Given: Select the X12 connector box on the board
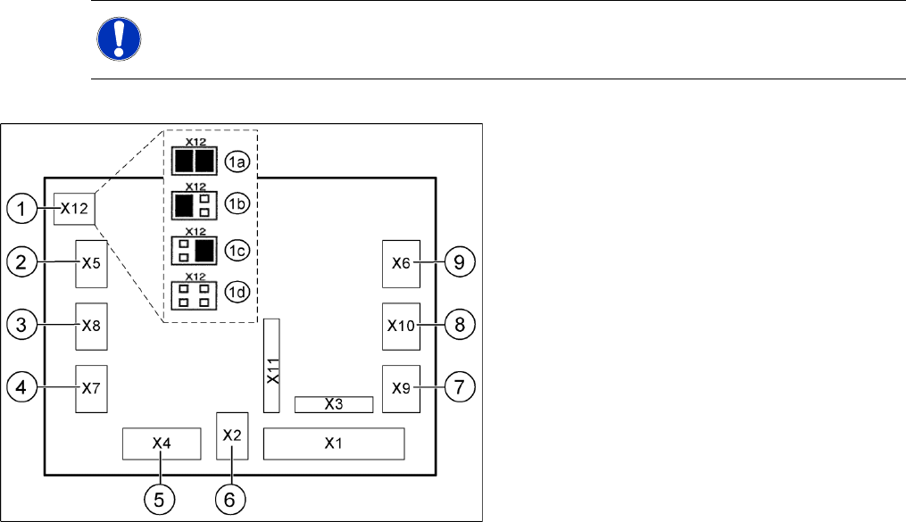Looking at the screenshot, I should pos(75,210).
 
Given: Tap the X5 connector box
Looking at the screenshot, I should pos(91,263).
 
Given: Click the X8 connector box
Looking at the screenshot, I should pos(91,326).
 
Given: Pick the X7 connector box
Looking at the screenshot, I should pos(91,388).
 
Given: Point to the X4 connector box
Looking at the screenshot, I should pos(161,443).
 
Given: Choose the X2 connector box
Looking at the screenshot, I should pos(232,435).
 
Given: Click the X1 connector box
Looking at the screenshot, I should pos(333,443).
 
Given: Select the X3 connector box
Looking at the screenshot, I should pos(333,404).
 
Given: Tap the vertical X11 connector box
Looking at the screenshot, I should pos(273,365).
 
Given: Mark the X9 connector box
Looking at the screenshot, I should pos(401,388).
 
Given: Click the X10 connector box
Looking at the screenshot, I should pos(401,326).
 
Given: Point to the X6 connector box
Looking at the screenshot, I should pos(401,263).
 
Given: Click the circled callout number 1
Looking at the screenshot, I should pos(22,211).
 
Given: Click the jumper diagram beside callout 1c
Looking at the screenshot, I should pos(194,251).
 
